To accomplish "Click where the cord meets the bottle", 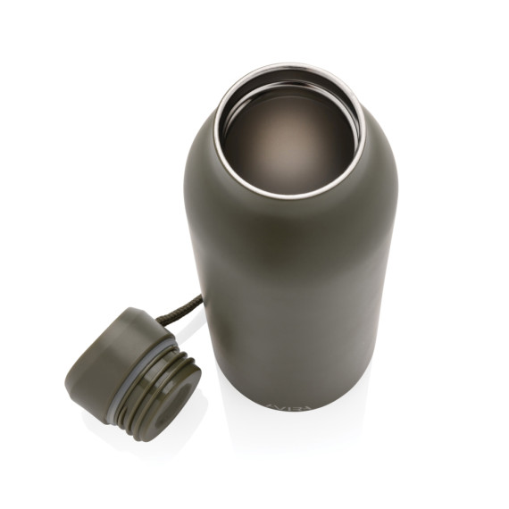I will pos(198,296).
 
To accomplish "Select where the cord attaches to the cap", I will pos(161,319).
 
